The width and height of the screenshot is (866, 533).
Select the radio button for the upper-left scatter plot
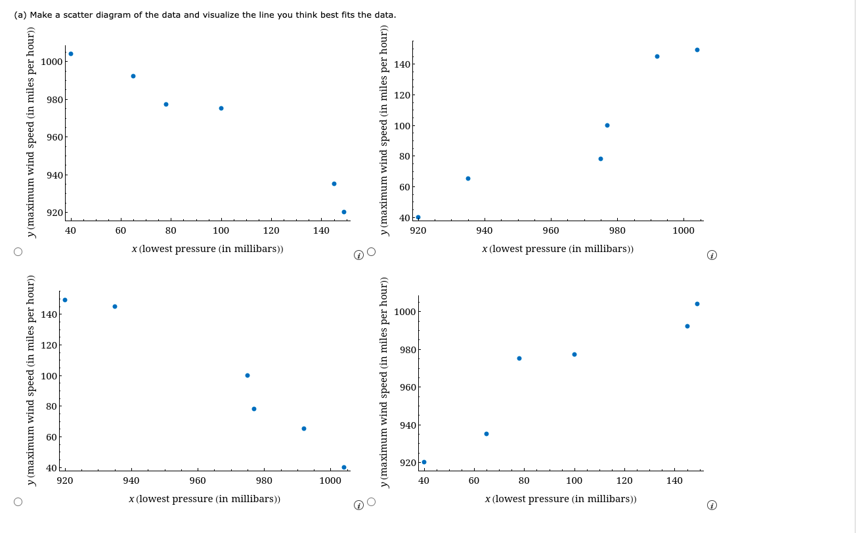pyautogui.click(x=18, y=251)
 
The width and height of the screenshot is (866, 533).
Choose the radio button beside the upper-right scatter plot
pyautogui.click(x=372, y=251)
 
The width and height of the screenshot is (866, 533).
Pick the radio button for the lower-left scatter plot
pyautogui.click(x=18, y=502)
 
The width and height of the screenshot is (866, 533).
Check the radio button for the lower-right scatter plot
pyautogui.click(x=372, y=502)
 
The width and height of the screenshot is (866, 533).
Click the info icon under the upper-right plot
pyautogui.click(x=712, y=255)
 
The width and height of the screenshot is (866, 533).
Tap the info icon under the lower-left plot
pyautogui.click(x=358, y=505)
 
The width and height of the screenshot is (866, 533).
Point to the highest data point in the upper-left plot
pyautogui.click(x=71, y=54)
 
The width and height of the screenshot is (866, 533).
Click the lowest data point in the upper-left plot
pyautogui.click(x=344, y=212)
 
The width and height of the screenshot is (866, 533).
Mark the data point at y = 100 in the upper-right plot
pyautogui.click(x=607, y=125)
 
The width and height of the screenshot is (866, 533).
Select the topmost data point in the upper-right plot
pyautogui.click(x=697, y=50)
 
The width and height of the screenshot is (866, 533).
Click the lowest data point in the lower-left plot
pyautogui.click(x=344, y=467)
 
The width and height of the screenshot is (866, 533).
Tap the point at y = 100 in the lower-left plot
pyautogui.click(x=248, y=375)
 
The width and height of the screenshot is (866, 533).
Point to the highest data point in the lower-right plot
pyautogui.click(x=697, y=304)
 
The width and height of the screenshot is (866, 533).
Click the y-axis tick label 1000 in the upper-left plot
pyautogui.click(x=51, y=62)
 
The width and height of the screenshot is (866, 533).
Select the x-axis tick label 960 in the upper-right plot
pyautogui.click(x=551, y=230)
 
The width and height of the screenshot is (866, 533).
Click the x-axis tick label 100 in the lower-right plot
pyautogui.click(x=574, y=480)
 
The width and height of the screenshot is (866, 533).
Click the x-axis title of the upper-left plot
pyautogui.click(x=207, y=249)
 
